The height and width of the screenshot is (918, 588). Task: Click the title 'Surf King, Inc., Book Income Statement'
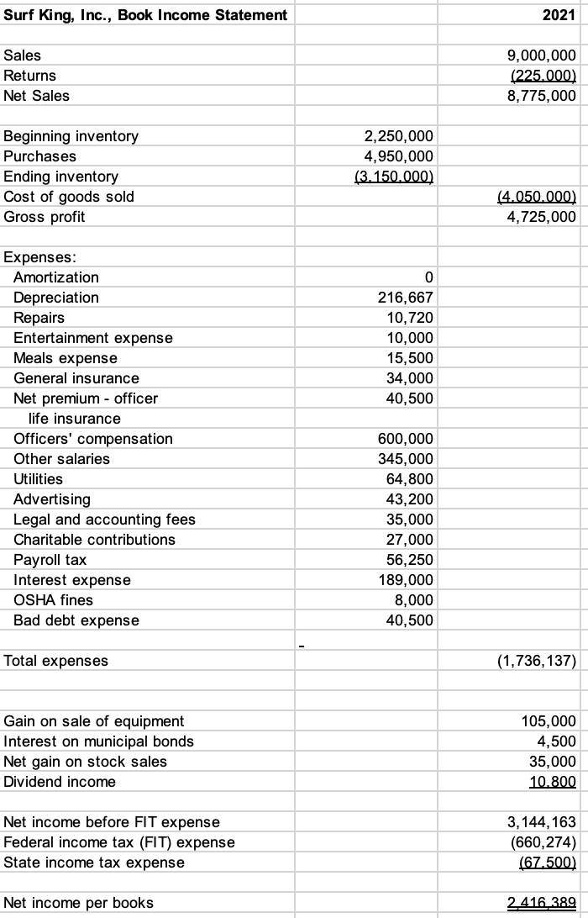point(145,15)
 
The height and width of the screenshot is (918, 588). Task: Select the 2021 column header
point(559,15)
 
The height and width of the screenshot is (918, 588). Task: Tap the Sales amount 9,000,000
point(542,55)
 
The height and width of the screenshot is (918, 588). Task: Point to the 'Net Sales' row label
point(37,96)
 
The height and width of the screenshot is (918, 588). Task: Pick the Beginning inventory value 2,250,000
point(398,136)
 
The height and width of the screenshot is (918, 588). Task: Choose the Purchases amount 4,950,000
point(398,156)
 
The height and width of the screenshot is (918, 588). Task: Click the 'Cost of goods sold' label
point(69,197)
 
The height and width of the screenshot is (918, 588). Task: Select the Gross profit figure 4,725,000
point(542,217)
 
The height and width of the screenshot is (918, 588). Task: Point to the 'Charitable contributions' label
point(94,540)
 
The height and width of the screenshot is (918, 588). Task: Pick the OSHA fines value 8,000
point(416,600)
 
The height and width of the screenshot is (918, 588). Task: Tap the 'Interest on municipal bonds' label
point(99,741)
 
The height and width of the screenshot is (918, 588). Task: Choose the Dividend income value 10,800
point(555,782)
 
